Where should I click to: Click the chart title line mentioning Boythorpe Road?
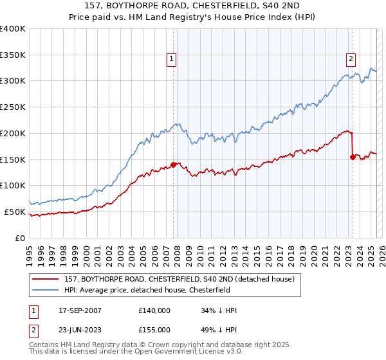[x=193, y=7]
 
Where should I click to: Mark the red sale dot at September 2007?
[x=173, y=165]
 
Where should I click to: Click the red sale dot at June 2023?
[x=353, y=156]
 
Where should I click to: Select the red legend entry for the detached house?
[x=179, y=279]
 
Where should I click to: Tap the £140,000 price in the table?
[x=154, y=310]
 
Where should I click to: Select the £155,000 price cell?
[x=154, y=329]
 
